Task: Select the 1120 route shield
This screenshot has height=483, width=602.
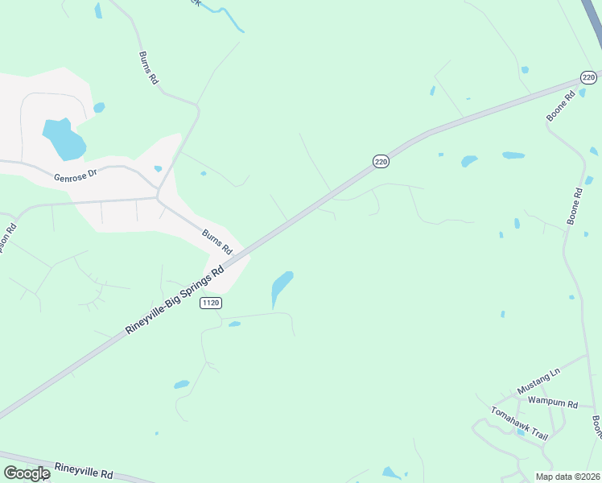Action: click(x=211, y=302)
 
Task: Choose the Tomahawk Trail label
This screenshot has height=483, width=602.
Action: click(x=520, y=423)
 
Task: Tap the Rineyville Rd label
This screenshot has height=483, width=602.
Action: click(x=85, y=470)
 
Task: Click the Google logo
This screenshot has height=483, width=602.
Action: click(x=27, y=473)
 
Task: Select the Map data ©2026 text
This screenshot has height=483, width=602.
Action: click(x=567, y=477)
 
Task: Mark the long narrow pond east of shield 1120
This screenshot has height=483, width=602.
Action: click(x=281, y=287)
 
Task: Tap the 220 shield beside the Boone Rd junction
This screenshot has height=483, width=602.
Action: click(x=588, y=77)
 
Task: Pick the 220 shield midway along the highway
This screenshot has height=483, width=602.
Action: click(x=381, y=162)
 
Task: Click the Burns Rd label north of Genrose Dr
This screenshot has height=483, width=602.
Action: click(x=146, y=70)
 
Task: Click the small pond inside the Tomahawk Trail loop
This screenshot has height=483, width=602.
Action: click(x=522, y=432)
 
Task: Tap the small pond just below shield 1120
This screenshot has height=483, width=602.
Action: click(x=234, y=324)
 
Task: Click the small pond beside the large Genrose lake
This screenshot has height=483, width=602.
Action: click(x=99, y=107)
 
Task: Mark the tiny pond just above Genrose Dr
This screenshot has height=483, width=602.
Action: click(x=158, y=168)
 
